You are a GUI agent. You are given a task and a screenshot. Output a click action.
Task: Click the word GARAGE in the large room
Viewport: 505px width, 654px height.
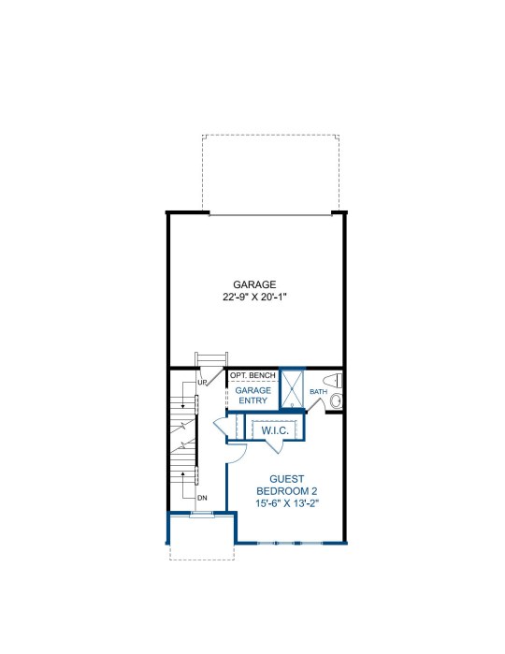[x=254, y=284]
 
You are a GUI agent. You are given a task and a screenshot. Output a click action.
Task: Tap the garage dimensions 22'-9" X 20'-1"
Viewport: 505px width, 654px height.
[x=254, y=298]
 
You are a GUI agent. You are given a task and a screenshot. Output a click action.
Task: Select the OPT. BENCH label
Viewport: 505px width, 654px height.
[x=252, y=375]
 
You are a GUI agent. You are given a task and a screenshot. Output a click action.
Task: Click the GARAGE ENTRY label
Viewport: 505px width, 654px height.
[x=253, y=396]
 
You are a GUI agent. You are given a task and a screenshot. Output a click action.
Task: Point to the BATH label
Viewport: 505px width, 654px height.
[x=318, y=392]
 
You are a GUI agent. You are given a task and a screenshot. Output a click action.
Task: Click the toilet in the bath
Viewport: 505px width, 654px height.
[x=333, y=381]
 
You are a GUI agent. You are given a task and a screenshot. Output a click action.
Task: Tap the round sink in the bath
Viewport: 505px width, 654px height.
[x=336, y=401]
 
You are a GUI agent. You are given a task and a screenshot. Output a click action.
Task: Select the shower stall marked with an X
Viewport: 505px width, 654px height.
[x=292, y=388]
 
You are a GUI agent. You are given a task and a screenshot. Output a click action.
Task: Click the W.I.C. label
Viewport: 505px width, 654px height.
[x=275, y=430]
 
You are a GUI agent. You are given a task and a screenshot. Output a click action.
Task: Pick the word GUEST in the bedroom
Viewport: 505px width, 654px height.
[x=286, y=479]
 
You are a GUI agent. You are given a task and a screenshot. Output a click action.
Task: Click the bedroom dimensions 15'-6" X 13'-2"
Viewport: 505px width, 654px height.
[x=287, y=503]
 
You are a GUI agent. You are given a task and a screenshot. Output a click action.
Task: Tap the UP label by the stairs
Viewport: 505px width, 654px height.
[x=202, y=382]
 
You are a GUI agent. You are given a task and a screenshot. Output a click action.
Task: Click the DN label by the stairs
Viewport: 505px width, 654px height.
[x=202, y=498]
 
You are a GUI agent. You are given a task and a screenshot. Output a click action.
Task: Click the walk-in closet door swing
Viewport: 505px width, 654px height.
[x=275, y=446]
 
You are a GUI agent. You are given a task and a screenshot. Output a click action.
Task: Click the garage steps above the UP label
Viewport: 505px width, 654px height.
[x=211, y=359]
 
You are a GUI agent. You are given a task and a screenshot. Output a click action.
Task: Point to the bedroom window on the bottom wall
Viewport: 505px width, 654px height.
[x=291, y=543]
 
